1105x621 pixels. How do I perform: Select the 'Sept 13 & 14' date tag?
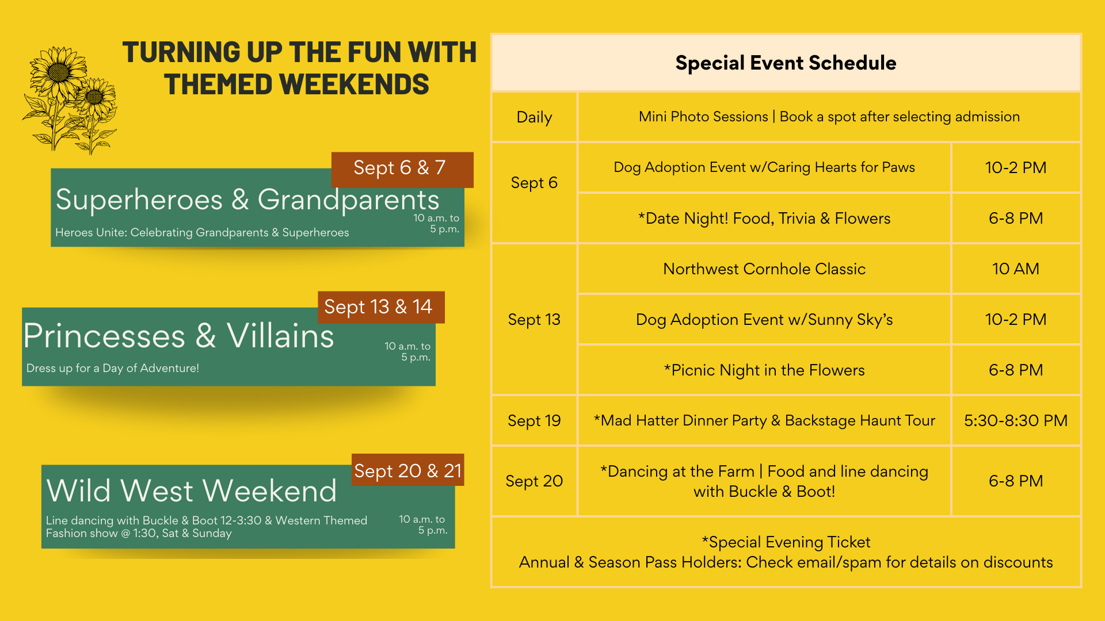point(381,307)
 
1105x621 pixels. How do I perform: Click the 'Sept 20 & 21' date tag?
point(408,470)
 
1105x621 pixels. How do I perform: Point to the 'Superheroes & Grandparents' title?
point(247,200)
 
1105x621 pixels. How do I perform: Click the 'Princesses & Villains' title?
point(178,336)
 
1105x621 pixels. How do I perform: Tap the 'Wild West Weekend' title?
point(191,490)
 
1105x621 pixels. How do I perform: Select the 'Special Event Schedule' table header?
point(786,63)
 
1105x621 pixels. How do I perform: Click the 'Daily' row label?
point(534,117)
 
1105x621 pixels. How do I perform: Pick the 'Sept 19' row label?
point(534,420)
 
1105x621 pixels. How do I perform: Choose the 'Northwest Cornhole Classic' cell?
point(764,269)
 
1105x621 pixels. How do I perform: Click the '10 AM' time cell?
point(1016,269)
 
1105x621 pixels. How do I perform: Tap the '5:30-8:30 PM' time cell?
point(1016,420)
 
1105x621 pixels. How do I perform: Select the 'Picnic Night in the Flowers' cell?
point(764,370)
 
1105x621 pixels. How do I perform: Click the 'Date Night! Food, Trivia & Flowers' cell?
point(764,218)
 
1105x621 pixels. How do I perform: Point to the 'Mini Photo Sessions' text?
point(703,117)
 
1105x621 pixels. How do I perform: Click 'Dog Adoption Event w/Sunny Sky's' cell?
point(764,319)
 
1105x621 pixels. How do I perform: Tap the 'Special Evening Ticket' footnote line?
point(786,542)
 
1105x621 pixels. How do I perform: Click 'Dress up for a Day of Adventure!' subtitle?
point(113,368)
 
